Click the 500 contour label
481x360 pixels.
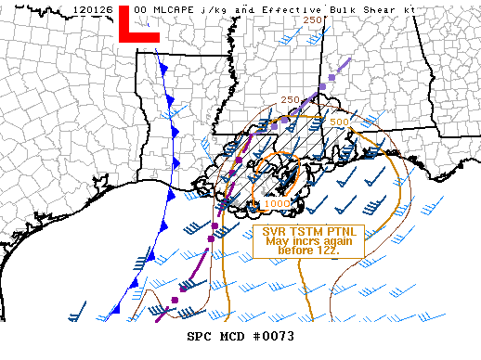339,122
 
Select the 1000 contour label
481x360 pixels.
276,203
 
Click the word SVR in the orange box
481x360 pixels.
274,232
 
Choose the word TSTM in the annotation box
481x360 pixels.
307,232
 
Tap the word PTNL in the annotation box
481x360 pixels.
343,232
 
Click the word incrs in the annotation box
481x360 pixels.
303,241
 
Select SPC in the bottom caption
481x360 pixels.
199,337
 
